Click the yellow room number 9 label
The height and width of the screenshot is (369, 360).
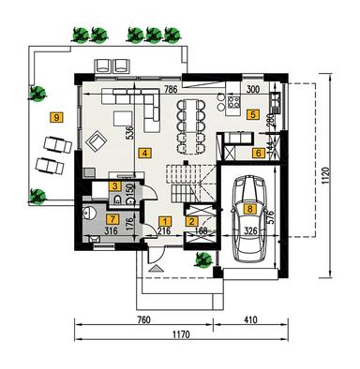(57, 117)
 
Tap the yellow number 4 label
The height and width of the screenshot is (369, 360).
(143, 152)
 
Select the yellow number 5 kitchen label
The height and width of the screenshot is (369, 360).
(252, 116)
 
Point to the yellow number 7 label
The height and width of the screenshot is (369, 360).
(112, 218)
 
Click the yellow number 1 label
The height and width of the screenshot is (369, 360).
(258, 152)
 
